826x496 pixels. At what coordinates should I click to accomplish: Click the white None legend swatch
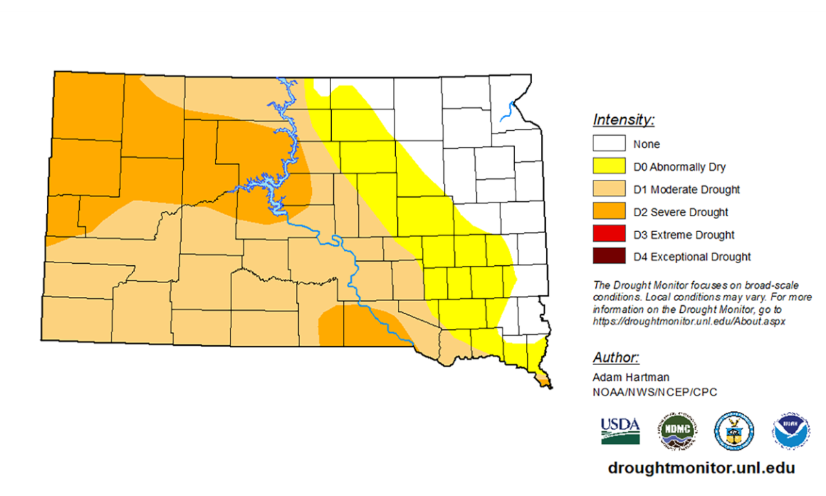(x=609, y=144)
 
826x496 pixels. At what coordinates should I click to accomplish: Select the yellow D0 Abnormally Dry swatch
(x=609, y=167)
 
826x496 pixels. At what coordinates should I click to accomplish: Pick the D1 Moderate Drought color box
(x=609, y=189)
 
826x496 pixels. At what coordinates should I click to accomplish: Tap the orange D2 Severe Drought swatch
(x=609, y=212)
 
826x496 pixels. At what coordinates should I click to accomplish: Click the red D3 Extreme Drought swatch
(x=609, y=235)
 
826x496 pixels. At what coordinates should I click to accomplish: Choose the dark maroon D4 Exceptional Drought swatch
(x=609, y=257)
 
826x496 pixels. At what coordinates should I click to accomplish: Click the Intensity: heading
(x=623, y=121)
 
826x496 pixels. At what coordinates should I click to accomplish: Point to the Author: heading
(x=616, y=358)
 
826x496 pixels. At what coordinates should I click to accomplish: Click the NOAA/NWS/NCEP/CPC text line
(x=645, y=391)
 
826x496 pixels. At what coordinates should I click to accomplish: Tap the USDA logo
(x=620, y=431)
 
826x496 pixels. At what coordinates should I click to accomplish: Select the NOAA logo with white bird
(x=790, y=431)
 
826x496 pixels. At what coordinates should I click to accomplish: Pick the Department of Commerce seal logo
(x=734, y=431)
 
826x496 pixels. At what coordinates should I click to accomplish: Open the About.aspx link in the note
(x=688, y=321)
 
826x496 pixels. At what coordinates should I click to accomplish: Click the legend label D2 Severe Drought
(x=681, y=212)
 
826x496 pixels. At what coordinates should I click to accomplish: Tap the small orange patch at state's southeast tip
(x=544, y=380)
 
